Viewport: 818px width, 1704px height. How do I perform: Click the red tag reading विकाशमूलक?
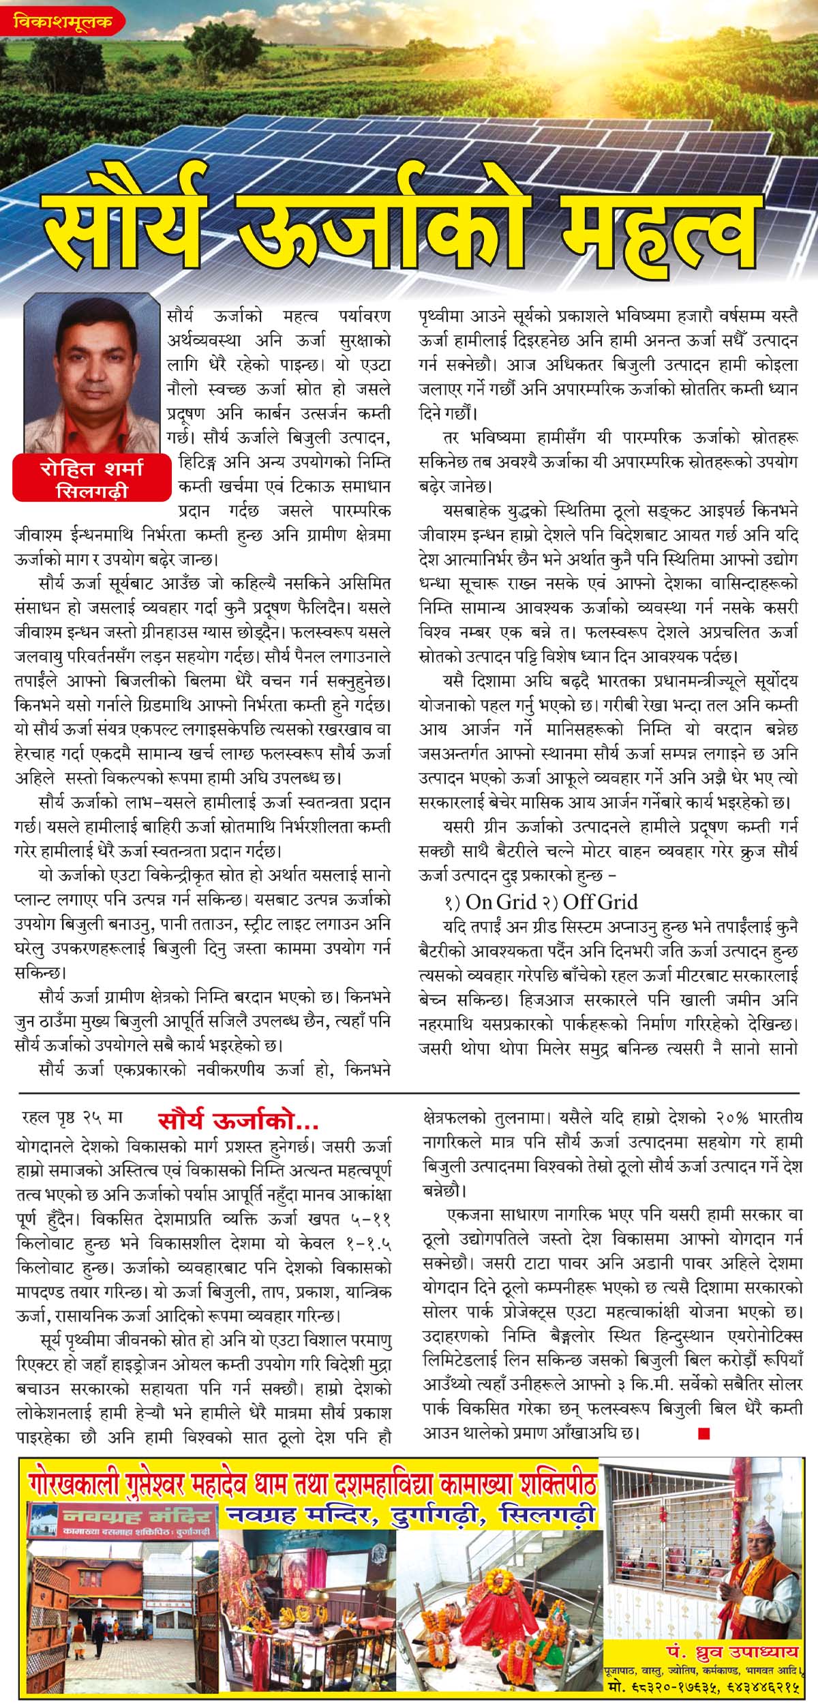click(65, 22)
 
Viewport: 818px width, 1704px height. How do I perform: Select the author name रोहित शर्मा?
click(91, 470)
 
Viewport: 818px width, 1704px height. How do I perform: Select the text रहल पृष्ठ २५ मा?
click(72, 1119)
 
